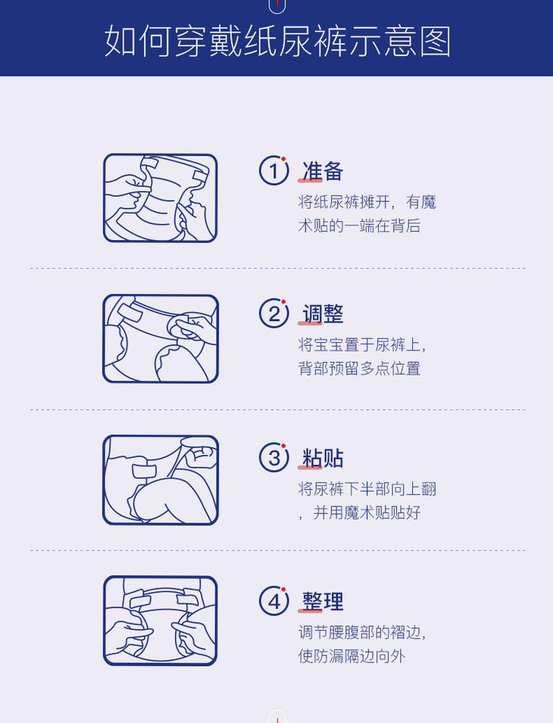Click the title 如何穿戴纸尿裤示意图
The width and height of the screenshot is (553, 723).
pos(277,42)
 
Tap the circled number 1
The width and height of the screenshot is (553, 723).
pos(274,170)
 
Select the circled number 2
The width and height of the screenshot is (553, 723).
pos(274,313)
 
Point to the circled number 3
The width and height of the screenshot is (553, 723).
pos(274,457)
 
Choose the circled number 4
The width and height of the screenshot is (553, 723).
pos(274,601)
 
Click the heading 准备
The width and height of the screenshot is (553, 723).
pos(323,172)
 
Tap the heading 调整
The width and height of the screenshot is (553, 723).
pos(323,314)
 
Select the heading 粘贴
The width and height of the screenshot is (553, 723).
pos(323,458)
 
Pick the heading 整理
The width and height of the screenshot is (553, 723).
pos(323,602)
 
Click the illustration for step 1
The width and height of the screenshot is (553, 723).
pos(160,198)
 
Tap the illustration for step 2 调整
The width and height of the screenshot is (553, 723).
pos(160,338)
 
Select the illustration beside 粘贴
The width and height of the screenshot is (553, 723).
pos(160,479)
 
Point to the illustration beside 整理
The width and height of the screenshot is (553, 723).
pos(160,621)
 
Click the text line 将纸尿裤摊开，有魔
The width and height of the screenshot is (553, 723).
pos(367,202)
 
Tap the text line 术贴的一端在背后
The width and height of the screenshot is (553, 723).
pos(359,226)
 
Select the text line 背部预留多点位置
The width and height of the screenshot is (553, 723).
pos(359,369)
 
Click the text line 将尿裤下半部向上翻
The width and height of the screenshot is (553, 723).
pos(367,489)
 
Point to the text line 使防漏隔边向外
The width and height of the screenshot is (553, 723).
pos(351,656)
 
